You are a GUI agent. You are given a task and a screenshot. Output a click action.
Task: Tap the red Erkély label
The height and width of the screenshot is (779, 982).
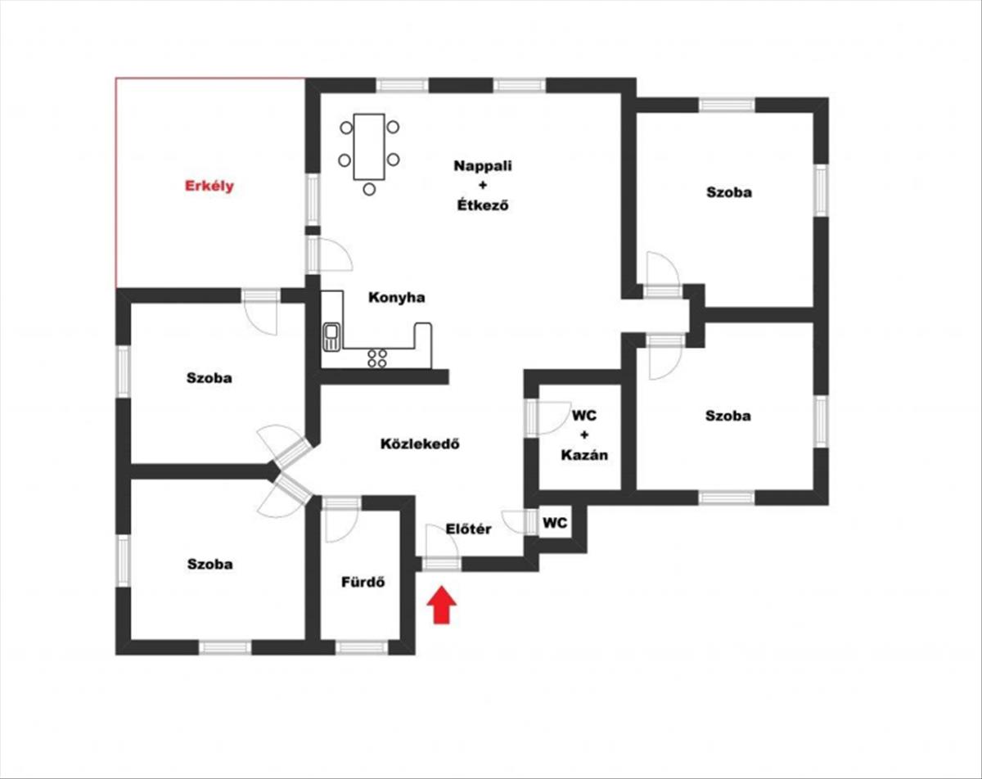click(x=209, y=186)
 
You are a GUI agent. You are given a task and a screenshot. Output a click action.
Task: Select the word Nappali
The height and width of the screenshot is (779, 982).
click(x=483, y=166)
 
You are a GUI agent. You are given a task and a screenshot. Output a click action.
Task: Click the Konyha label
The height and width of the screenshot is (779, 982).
click(x=396, y=298)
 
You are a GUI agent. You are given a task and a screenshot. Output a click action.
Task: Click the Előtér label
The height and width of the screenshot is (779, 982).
click(x=469, y=529)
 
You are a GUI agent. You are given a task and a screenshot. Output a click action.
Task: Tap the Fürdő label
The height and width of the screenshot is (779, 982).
click(x=363, y=583)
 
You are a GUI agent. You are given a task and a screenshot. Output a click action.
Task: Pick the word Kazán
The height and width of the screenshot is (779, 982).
click(x=584, y=455)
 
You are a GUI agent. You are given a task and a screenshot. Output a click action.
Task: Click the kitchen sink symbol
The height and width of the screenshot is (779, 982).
click(x=331, y=335)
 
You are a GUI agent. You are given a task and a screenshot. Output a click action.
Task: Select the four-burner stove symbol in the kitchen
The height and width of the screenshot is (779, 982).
click(x=377, y=357)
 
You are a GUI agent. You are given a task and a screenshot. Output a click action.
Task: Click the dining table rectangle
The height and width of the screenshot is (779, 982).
click(x=369, y=147)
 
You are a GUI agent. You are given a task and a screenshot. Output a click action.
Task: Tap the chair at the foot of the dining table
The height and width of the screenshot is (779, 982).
click(x=369, y=189)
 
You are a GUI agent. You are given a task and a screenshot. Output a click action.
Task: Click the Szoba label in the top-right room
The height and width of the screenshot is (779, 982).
click(x=729, y=193)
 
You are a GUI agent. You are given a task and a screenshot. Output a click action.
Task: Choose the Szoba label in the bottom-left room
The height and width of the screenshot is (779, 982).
click(x=209, y=564)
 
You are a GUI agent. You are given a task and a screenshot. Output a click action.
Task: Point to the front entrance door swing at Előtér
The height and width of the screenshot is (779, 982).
click(x=442, y=542)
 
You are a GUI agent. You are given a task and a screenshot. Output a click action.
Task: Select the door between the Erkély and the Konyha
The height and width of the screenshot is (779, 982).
click(x=332, y=255)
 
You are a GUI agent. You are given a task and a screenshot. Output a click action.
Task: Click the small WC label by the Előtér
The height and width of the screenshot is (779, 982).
click(x=556, y=522)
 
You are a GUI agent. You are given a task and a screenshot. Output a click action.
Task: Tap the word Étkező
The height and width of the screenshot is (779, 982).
click(x=483, y=206)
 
